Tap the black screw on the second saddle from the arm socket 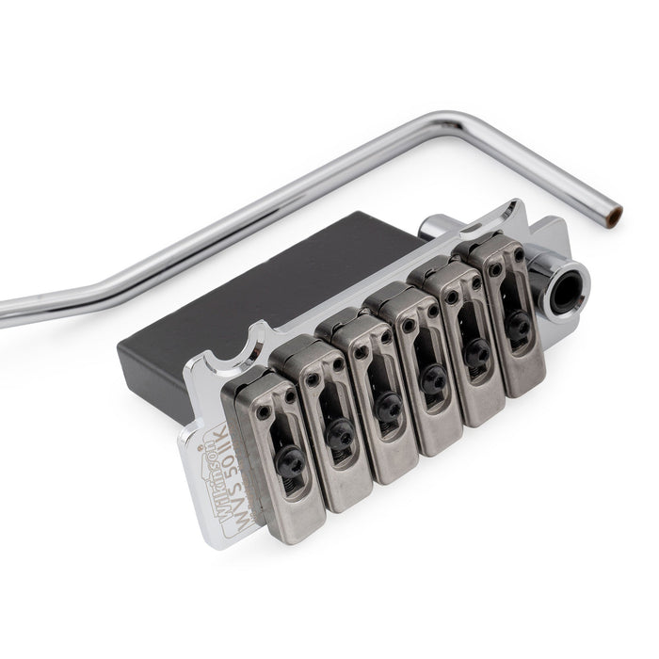476,348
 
